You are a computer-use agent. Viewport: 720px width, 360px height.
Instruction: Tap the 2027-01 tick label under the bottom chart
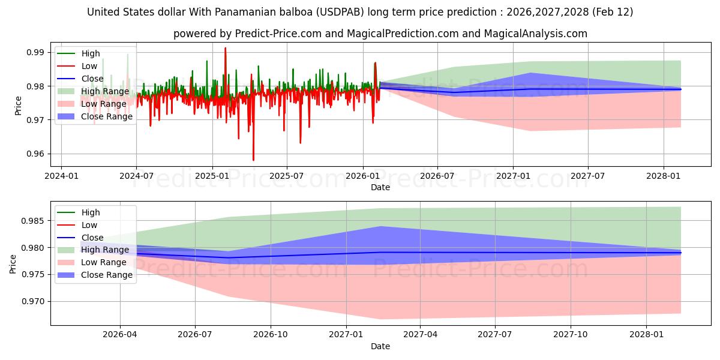click(x=346, y=334)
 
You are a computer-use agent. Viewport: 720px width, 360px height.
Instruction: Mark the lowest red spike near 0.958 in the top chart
click(x=253, y=160)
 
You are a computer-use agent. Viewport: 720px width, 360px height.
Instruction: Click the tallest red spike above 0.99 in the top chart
click(x=226, y=48)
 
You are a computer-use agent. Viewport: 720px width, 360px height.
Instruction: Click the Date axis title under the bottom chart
click(x=380, y=346)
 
